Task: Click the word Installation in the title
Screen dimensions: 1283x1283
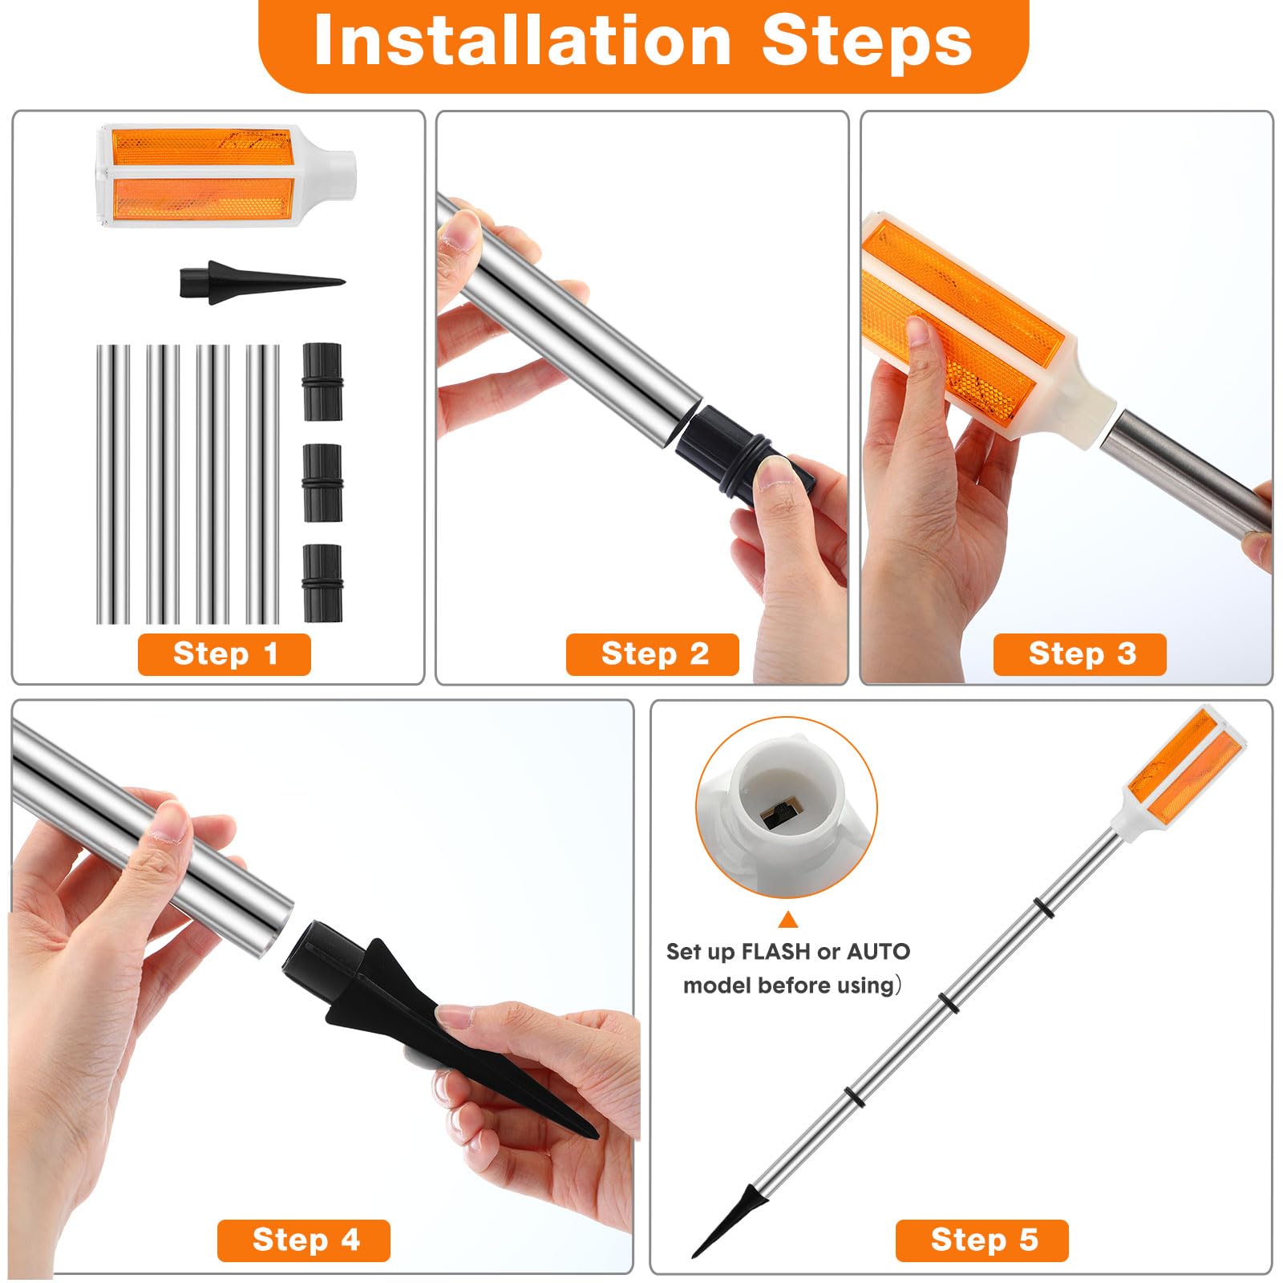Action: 521,42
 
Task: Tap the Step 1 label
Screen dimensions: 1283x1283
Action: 225,654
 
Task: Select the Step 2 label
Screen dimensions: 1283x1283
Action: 654,654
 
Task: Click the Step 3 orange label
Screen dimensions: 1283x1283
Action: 1080,654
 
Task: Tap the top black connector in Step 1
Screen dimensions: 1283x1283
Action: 322,382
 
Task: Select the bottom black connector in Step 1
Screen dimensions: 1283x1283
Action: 322,583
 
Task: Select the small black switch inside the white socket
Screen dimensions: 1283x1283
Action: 776,816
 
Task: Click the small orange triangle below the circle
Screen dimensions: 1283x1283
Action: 788,920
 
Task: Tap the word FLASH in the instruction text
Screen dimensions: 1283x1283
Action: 775,952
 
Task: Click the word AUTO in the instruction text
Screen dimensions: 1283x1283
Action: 878,952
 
